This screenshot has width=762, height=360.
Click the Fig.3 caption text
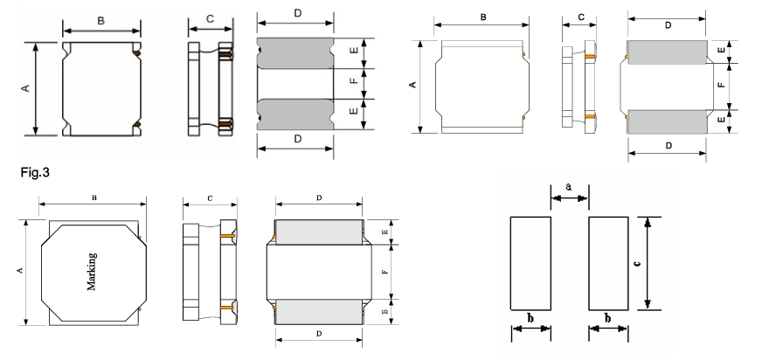(x=35, y=172)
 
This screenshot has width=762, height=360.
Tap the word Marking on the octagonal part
(x=92, y=272)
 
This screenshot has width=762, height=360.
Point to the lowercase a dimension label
(x=569, y=186)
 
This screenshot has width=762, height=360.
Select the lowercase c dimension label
(x=638, y=263)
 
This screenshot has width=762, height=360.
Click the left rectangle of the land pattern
(x=530, y=263)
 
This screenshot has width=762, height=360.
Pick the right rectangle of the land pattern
(x=608, y=263)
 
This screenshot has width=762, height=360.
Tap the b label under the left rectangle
(x=530, y=318)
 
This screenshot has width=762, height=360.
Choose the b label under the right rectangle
(x=607, y=318)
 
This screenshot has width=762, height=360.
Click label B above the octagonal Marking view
(x=94, y=197)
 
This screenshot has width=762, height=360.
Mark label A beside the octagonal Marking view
(x=20, y=270)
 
